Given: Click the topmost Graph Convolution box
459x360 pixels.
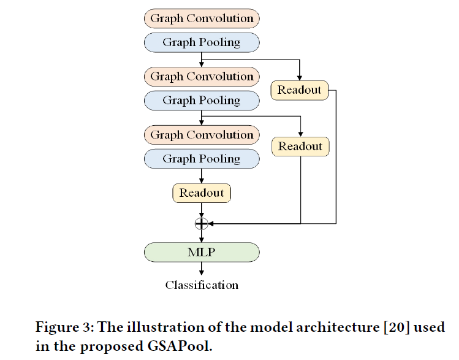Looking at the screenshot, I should [202, 18].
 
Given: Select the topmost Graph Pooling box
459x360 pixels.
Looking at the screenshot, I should [202, 42].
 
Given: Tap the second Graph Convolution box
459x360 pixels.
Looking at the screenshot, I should [202, 77].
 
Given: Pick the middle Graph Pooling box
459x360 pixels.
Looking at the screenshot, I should [202, 101].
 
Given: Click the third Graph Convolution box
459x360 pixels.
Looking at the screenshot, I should [202, 135].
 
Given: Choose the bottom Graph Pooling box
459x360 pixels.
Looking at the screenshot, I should [202, 159].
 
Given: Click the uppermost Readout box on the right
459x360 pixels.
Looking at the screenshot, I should [299, 90].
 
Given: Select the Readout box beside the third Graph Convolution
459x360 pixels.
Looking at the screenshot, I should [300, 147].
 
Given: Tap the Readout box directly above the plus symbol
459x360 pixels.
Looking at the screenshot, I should [202, 193].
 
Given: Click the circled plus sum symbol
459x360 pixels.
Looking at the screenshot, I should [202, 223].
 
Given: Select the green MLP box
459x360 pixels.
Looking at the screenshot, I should [202, 252].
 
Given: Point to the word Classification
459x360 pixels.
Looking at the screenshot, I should [202, 285].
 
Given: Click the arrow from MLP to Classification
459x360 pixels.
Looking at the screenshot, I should [202, 269].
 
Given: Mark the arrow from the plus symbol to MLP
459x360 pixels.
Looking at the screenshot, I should [202, 236].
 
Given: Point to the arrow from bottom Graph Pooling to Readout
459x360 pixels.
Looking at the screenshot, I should [202, 175].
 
